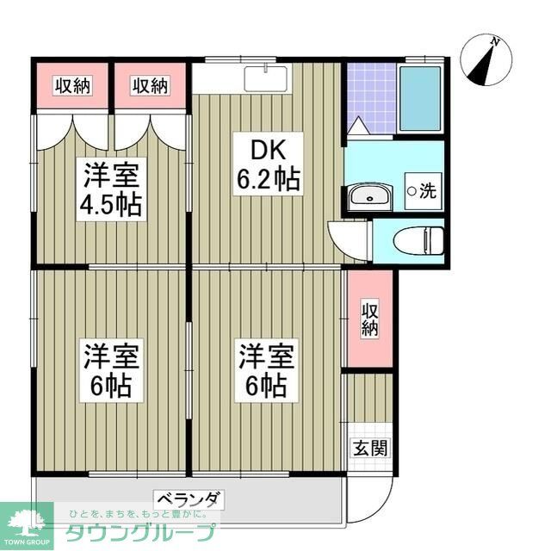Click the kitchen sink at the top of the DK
pos(267,77)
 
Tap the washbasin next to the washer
pos(370,196)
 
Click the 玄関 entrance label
pos(368,449)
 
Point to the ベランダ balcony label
pos(189,498)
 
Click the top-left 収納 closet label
pos(73,85)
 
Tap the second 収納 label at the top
pos(150,85)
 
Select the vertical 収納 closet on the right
pos(368,319)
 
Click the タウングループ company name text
pos(142,530)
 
